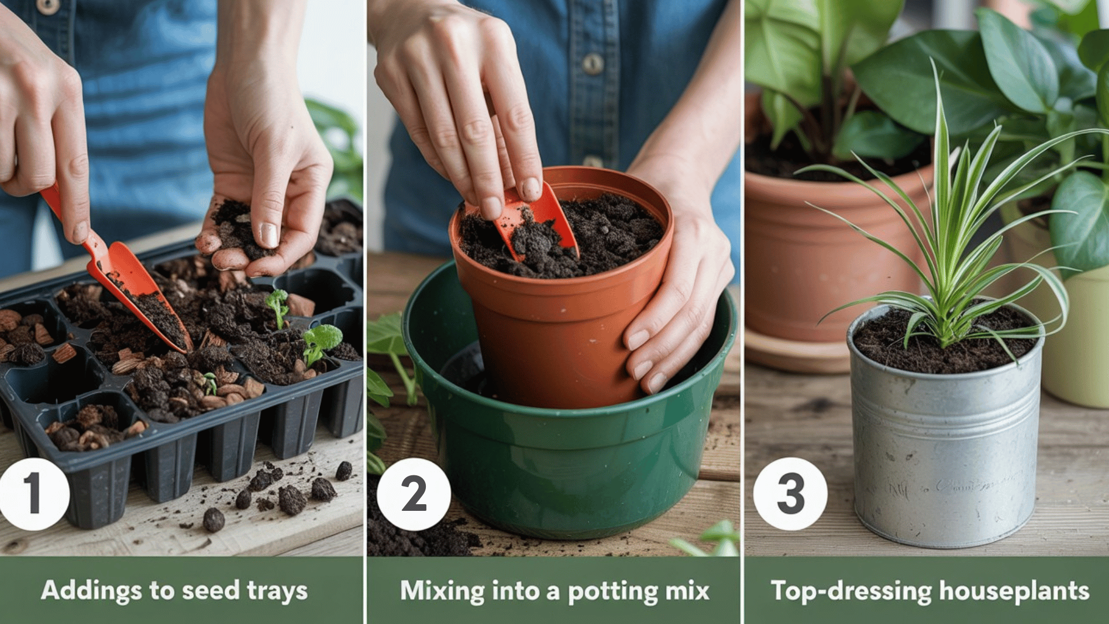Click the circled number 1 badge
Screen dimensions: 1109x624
[x=33, y=494]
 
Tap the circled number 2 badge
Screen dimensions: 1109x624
[x=414, y=494]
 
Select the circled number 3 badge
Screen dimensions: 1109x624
[x=790, y=494]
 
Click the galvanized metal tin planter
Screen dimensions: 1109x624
[x=945, y=438]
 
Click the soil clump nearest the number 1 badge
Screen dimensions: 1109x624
[x=213, y=520]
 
